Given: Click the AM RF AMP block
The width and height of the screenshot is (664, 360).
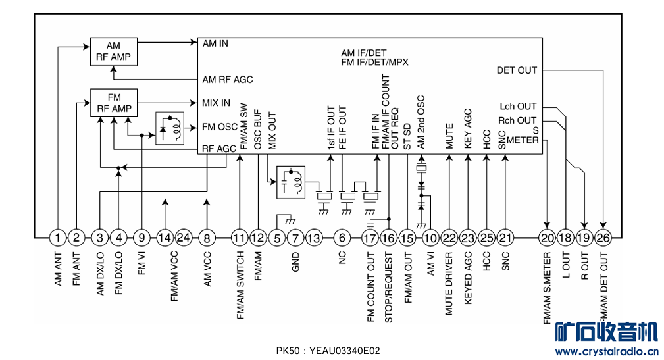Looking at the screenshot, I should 113,51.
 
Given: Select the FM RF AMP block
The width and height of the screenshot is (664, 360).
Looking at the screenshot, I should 113,103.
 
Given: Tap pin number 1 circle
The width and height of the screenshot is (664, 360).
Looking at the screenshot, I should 59,237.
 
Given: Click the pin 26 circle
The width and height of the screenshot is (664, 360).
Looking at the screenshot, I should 603,238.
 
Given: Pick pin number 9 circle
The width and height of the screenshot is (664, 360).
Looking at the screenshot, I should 142,237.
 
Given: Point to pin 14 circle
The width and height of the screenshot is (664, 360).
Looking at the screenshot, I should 165,237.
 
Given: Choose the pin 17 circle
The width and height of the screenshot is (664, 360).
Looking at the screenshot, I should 370,238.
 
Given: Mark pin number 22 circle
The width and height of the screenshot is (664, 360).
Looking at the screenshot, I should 449,238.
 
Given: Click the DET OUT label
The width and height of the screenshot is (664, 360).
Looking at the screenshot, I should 517,70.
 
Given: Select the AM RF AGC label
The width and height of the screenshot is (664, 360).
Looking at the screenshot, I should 228,80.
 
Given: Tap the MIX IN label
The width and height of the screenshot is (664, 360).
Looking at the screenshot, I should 217,103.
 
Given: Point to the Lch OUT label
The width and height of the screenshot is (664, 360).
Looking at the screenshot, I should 518,107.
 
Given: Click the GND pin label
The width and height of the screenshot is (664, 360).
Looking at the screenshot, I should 295,261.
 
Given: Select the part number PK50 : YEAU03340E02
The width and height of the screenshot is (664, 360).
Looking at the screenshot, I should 328,351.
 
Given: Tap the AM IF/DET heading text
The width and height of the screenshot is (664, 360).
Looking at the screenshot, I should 363,53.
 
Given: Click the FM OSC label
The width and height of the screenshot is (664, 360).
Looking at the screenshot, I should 218,126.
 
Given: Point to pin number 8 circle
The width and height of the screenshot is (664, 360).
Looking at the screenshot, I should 207,237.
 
